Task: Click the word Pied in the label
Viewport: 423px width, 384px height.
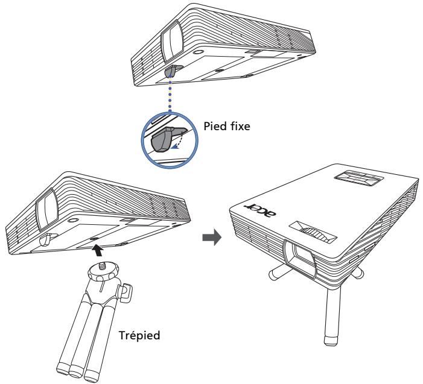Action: click(x=215, y=126)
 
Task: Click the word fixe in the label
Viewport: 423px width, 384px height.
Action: click(x=240, y=126)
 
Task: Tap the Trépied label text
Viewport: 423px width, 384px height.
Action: click(x=139, y=336)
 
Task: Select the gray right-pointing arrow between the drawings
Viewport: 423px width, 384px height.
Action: click(x=212, y=237)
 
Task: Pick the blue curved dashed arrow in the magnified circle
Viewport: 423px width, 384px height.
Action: click(x=180, y=140)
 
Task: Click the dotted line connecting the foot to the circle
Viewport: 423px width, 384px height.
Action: click(x=170, y=93)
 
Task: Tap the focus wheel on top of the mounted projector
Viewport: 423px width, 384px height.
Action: click(x=314, y=233)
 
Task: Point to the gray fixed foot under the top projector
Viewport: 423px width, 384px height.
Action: click(x=172, y=71)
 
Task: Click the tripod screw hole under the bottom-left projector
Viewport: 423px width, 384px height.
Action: click(x=94, y=239)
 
